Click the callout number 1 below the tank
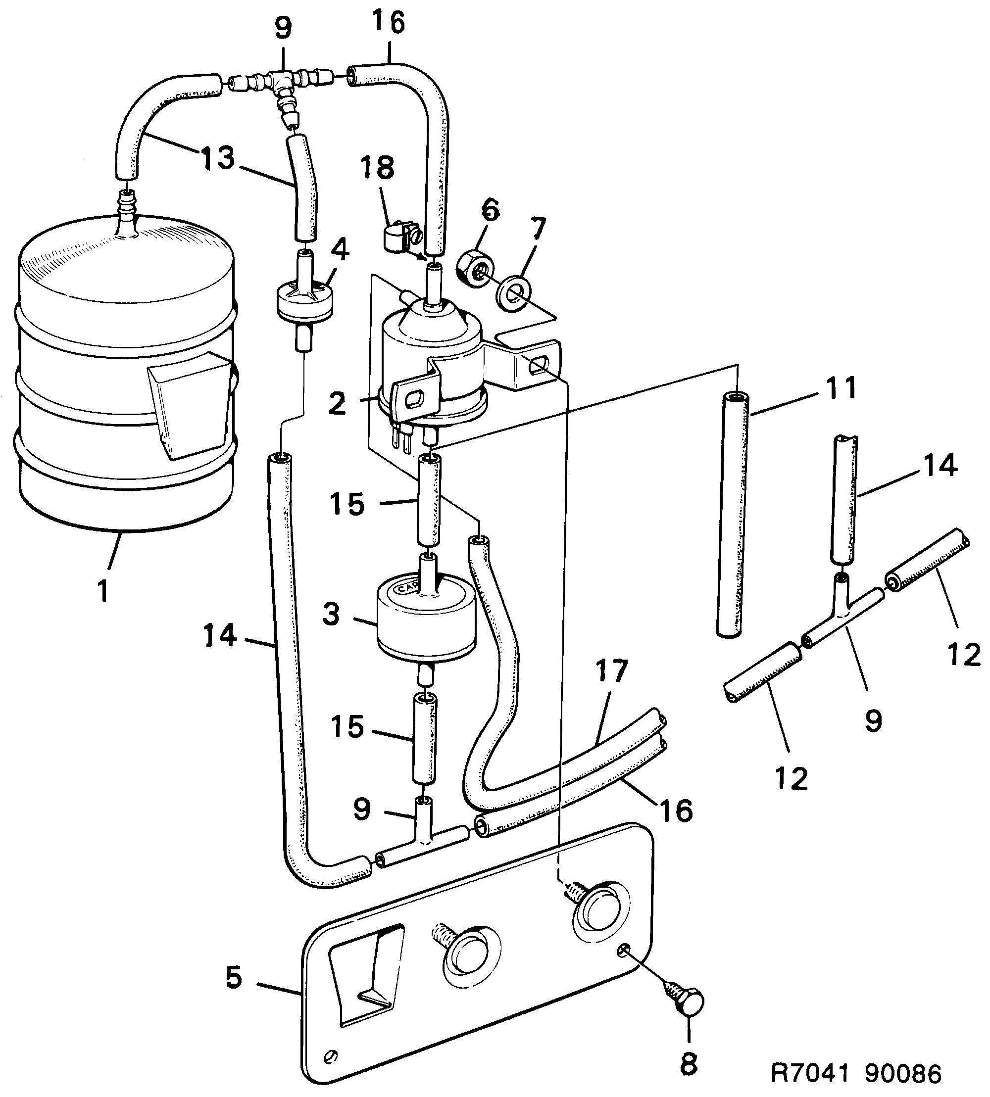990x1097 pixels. pyautogui.click(x=103, y=590)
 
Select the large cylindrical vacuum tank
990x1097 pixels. pyautogui.click(x=125, y=375)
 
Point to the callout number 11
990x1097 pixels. pyautogui.click(x=841, y=388)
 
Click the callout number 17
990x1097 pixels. pyautogui.click(x=611, y=671)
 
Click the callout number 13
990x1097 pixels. pyautogui.click(x=218, y=158)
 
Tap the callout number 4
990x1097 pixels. pyautogui.click(x=340, y=249)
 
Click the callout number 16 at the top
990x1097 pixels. pyautogui.click(x=389, y=23)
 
